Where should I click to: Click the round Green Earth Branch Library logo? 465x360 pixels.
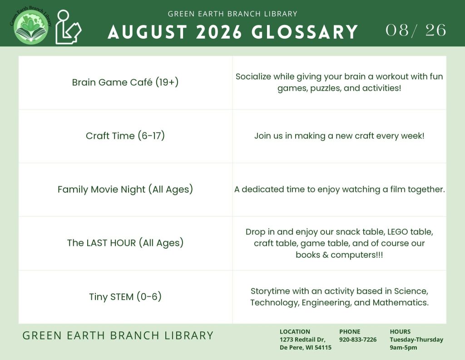(31, 27)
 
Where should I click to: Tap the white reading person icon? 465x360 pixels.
(68, 27)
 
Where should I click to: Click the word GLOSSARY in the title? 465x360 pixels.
(305, 32)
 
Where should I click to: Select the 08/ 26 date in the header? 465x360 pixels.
(416, 30)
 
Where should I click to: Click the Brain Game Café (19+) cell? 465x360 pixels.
(125, 82)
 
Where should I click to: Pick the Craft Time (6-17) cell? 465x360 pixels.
(125, 135)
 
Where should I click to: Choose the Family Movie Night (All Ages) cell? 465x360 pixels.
(125, 190)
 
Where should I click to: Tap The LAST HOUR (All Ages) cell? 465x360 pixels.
(125, 243)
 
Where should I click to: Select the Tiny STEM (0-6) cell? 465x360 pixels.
(125, 296)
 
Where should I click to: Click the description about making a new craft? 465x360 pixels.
(339, 136)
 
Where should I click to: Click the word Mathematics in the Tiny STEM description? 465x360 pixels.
(401, 302)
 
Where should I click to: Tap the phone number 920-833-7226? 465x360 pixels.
(358, 340)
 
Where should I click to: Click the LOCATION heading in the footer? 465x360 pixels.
(295, 331)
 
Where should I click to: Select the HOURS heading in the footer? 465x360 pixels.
(400, 331)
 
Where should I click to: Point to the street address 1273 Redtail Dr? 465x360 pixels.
(302, 340)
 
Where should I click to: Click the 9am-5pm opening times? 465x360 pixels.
(403, 348)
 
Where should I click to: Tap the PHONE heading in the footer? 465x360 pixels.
(350, 331)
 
